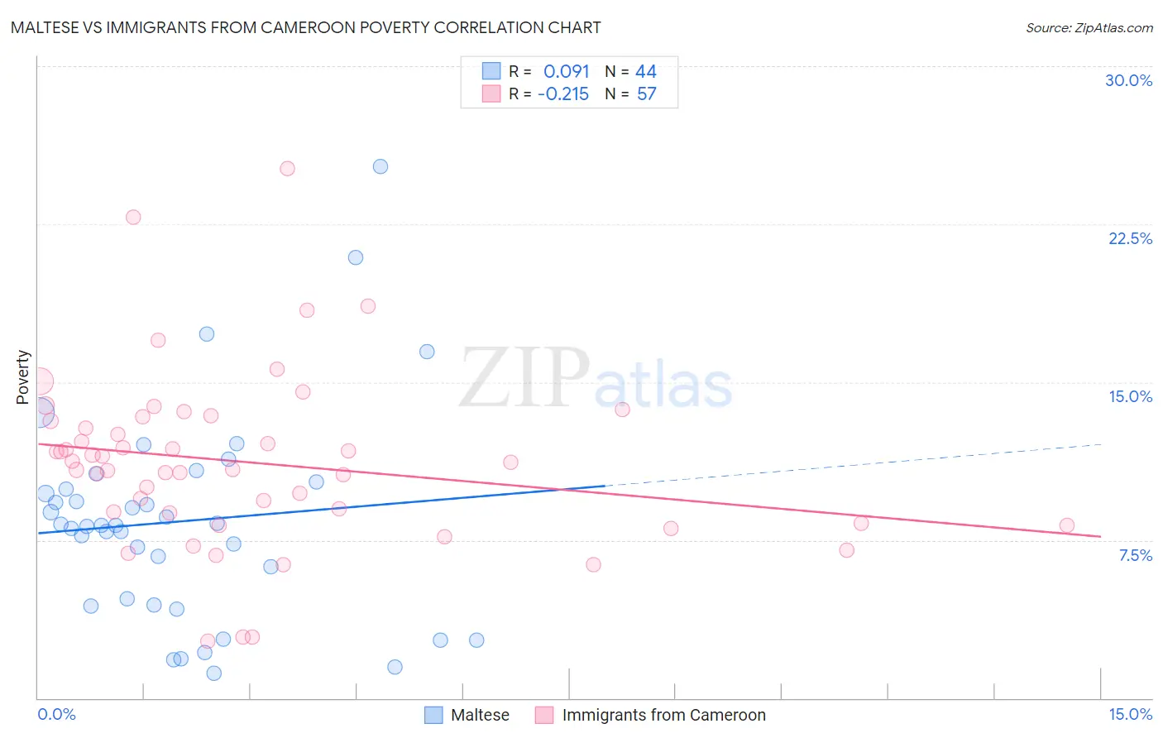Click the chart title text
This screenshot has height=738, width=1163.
tap(306, 27)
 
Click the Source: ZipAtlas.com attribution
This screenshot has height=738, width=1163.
tap(1089, 27)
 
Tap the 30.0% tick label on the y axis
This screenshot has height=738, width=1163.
tap(1128, 80)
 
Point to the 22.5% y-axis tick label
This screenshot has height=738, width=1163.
tap(1130, 238)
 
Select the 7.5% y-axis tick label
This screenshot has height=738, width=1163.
tap(1135, 555)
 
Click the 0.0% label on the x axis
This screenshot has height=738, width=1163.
tap(56, 714)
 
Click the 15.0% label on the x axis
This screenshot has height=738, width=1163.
tap(1130, 714)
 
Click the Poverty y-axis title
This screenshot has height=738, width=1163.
tap(22, 377)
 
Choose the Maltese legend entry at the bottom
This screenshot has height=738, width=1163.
tap(480, 715)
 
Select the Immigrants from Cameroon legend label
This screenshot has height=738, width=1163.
tap(663, 715)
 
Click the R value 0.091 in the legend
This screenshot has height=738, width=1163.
tap(566, 71)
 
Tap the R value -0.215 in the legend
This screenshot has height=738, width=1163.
tap(563, 93)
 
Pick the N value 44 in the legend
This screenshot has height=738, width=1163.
tap(646, 71)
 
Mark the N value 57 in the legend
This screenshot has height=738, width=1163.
tap(646, 93)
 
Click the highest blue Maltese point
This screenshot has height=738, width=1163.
tap(380, 166)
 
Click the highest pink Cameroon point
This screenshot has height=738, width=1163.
tap(287, 169)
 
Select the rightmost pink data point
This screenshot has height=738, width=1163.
tap(1067, 525)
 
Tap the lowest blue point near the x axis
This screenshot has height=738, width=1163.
tap(214, 673)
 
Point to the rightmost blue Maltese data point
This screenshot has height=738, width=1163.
tap(476, 640)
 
